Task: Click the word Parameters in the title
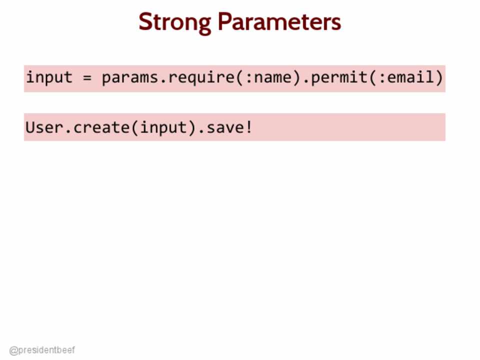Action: coord(279,21)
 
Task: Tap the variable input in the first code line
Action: coord(49,77)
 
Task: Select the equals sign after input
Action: coord(87,78)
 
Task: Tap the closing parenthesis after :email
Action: coord(439,77)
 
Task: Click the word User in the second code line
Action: coord(44,127)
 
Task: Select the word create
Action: coord(101,127)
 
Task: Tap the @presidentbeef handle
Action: coord(42,350)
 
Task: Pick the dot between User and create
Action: coord(68,132)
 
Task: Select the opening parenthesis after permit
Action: coord(372,77)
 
